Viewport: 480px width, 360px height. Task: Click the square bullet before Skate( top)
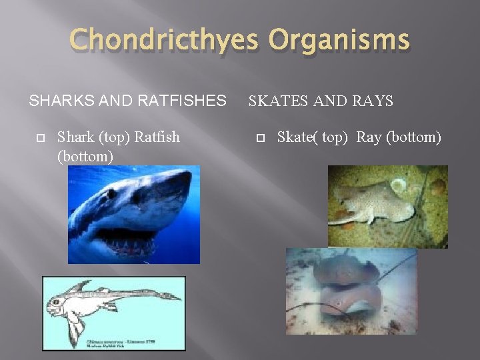[260, 139]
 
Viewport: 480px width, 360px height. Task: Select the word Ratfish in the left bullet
[157, 138]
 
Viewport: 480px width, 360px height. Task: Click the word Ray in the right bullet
[368, 138]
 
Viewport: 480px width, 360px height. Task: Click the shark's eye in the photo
[112, 194]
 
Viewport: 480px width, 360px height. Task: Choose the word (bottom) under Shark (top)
[85, 155]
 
